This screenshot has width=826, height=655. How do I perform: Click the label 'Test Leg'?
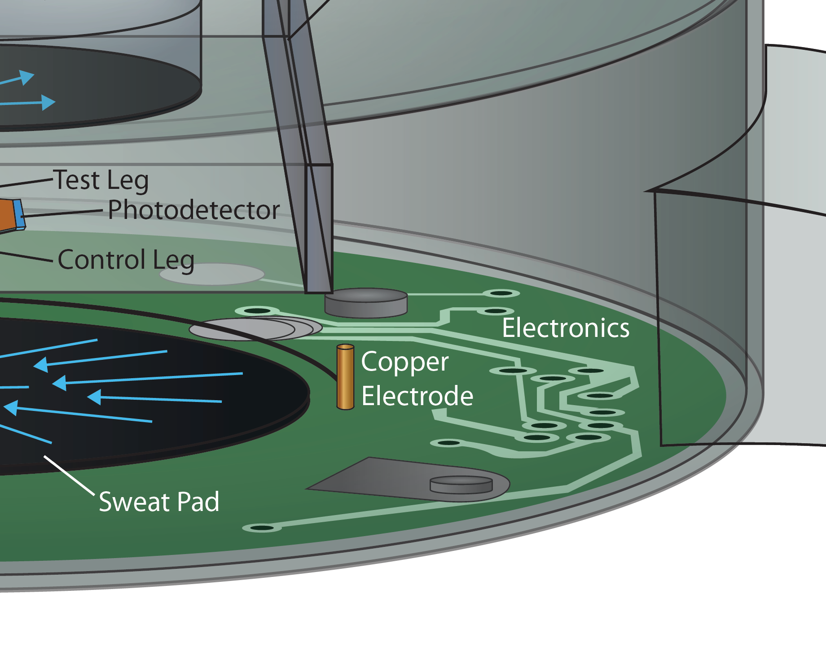pyautogui.click(x=101, y=180)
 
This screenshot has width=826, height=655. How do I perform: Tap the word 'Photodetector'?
pyautogui.click(x=193, y=210)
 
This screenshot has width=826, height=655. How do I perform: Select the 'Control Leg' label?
pyautogui.click(x=126, y=260)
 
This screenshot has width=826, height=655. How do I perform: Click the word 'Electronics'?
pyautogui.click(x=566, y=328)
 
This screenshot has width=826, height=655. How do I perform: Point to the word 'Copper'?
pyautogui.click(x=404, y=362)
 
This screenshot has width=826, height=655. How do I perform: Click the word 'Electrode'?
pyautogui.click(x=417, y=396)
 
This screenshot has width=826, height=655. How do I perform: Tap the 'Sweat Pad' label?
pyautogui.click(x=159, y=502)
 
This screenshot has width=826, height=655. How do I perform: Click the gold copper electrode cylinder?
pyautogui.click(x=345, y=377)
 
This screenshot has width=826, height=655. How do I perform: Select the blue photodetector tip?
pyautogui.click(x=19, y=214)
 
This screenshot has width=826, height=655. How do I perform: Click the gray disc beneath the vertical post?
pyautogui.click(x=366, y=303)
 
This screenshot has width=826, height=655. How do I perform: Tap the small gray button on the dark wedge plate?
pyautogui.click(x=461, y=485)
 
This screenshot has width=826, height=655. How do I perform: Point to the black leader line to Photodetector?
pyautogui.click(x=63, y=213)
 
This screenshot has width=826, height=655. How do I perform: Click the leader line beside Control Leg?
pyautogui.click(x=27, y=256)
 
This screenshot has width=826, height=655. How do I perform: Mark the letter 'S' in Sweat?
pyautogui.click(x=107, y=502)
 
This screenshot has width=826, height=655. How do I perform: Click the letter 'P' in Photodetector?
pyautogui.click(x=115, y=210)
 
